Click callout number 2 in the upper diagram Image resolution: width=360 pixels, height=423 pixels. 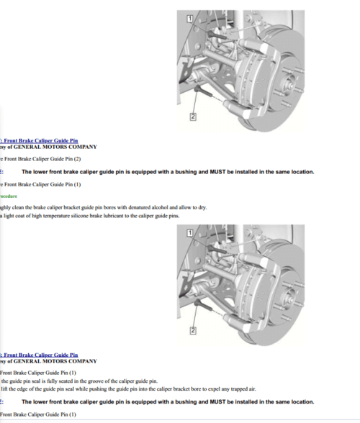pos(193,116)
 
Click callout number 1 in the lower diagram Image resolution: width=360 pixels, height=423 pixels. pos(189,232)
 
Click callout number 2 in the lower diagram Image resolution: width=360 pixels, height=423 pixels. pos(193,331)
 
